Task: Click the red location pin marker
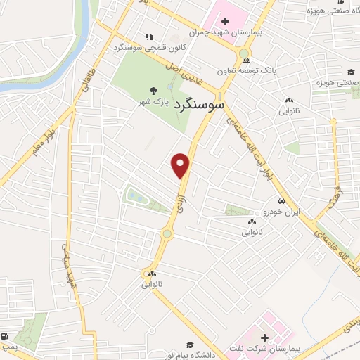point(181,164)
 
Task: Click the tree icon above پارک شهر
point(153,90)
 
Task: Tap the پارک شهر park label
point(153,102)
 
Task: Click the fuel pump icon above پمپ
point(6,336)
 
